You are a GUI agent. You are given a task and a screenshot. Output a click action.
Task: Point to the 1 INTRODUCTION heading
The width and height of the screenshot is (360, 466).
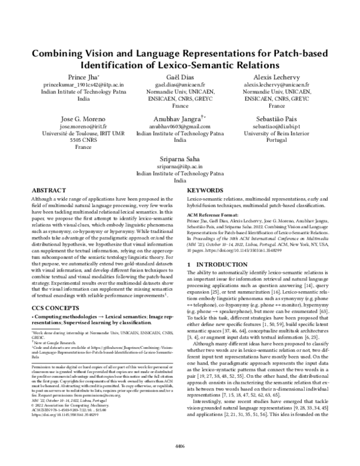pyautogui.click(x=215, y=264)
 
